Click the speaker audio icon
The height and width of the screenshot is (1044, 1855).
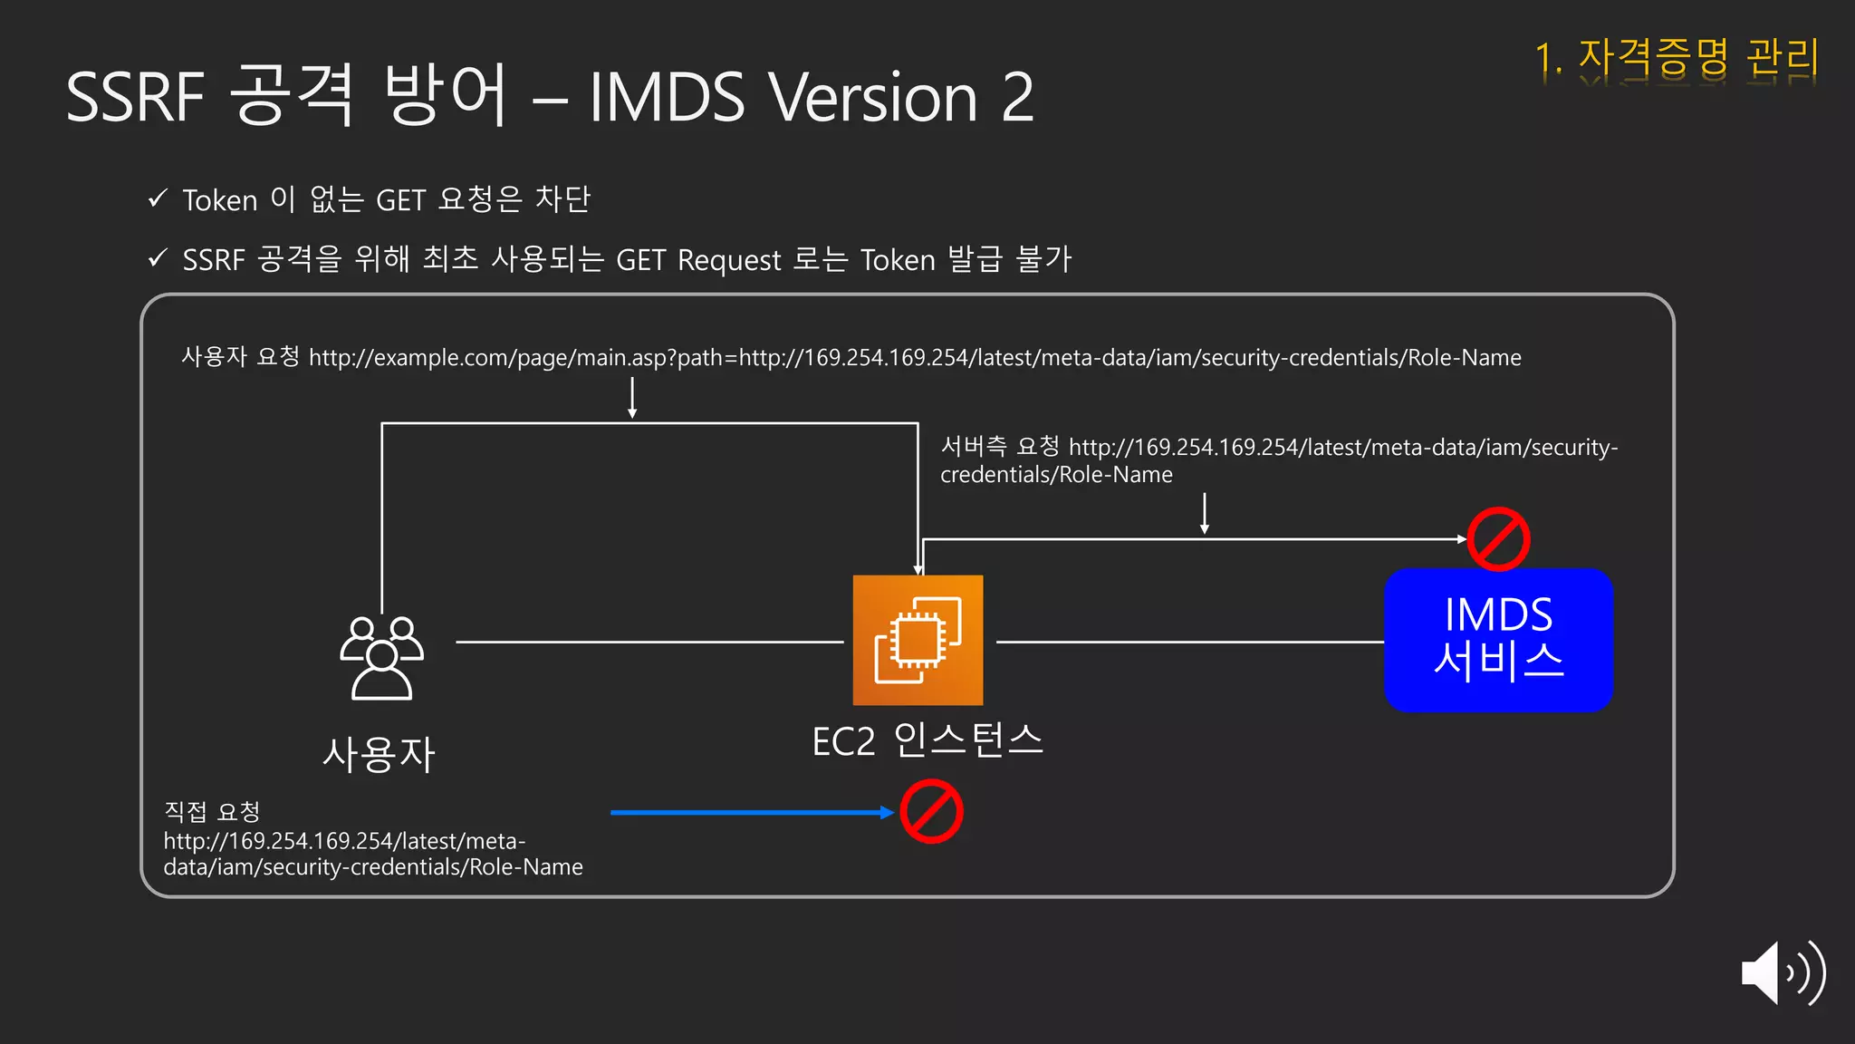click(1782, 972)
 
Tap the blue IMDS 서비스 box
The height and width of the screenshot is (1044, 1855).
click(1498, 640)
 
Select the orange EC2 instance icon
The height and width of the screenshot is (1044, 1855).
click(918, 640)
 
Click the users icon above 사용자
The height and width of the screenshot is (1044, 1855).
click(381, 657)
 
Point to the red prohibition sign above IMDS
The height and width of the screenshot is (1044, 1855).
click(1498, 539)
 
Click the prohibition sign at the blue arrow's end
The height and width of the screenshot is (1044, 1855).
click(931, 811)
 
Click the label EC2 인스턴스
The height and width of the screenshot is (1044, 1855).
click(927, 740)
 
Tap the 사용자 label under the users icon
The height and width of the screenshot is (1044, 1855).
click(380, 754)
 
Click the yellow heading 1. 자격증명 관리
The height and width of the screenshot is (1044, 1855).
click(1677, 58)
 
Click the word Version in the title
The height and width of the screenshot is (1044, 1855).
click(873, 97)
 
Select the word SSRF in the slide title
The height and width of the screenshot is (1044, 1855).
click(136, 97)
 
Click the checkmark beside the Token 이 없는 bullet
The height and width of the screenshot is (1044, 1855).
click(158, 198)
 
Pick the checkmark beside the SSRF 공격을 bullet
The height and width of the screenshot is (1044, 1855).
click(158, 258)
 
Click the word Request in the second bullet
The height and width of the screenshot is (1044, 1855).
click(729, 260)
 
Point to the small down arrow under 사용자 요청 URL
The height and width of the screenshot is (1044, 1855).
click(632, 398)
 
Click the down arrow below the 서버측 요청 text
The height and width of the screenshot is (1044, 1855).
click(1205, 513)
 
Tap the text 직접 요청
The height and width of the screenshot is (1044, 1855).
click(212, 811)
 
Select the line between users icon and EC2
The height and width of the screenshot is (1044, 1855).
click(649, 642)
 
